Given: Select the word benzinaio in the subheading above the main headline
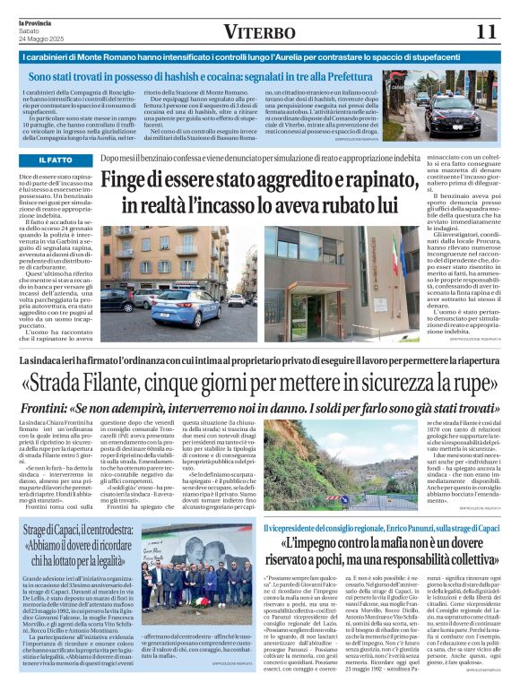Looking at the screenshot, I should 176,157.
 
